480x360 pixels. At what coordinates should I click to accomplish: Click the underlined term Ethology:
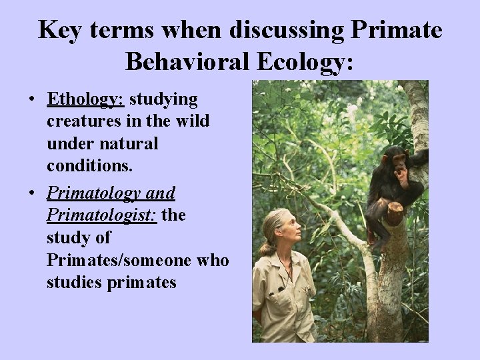86,100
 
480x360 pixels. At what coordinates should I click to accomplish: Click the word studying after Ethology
163,100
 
